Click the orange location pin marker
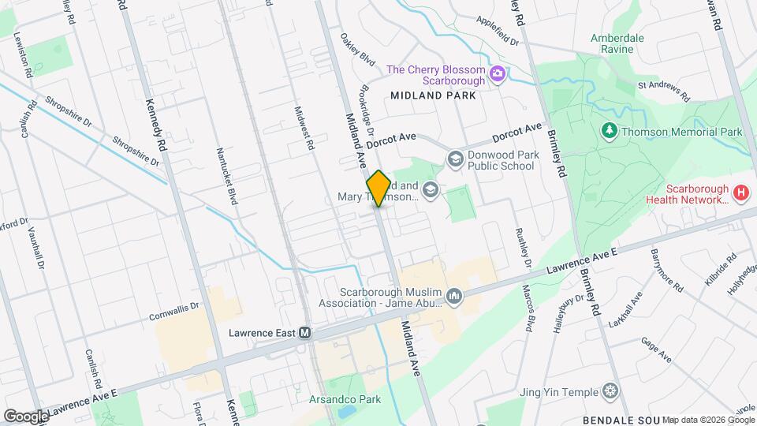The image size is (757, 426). tap(378, 189)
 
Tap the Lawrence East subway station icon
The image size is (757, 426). tap(304, 333)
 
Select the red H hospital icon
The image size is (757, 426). tap(740, 192)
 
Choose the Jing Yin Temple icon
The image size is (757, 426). tap(610, 391)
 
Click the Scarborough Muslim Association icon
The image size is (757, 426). tap(454, 297)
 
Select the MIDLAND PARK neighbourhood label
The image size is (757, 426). tap(433, 95)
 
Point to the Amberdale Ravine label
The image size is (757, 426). tap(617, 44)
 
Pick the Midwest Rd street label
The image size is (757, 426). tap(304, 130)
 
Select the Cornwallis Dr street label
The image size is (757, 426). tap(175, 312)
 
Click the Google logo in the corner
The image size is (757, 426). tap(26, 416)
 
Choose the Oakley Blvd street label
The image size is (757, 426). tap(356, 48)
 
